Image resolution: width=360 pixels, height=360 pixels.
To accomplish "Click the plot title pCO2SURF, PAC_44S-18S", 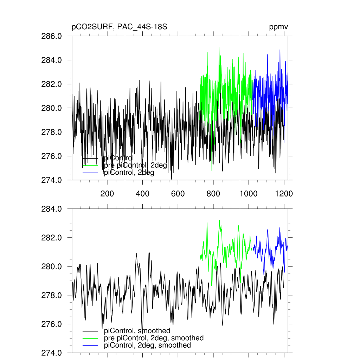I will pyautogui.click(x=119, y=27).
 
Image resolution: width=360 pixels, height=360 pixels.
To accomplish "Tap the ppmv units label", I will pyautogui.click(x=279, y=27).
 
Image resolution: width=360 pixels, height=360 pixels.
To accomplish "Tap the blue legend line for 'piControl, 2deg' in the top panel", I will pyautogui.click(x=90, y=173).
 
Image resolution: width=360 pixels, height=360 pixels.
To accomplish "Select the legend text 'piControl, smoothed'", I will pyautogui.click(x=137, y=331).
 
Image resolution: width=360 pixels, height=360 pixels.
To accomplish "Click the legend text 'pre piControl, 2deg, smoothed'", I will pyautogui.click(x=154, y=338).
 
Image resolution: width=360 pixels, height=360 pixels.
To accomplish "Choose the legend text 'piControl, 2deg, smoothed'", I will pyautogui.click(x=148, y=345).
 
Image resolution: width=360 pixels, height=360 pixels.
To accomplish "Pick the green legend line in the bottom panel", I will pyautogui.click(x=90, y=338).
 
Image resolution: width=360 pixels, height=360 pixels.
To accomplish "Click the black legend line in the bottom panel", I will pyautogui.click(x=90, y=331).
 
